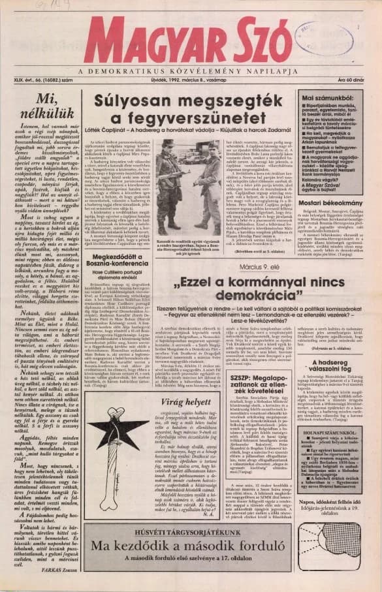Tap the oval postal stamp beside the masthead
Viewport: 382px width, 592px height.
tap(332, 38)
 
